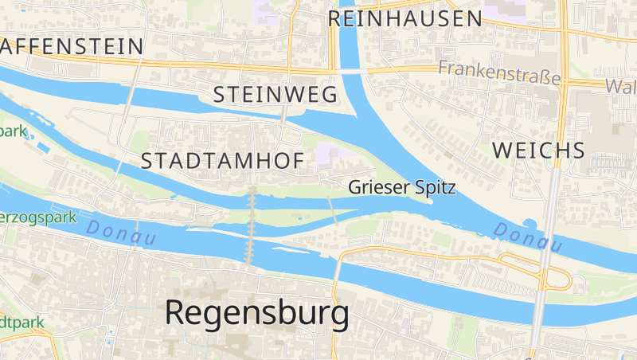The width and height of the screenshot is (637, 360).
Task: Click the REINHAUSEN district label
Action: tap(405, 18)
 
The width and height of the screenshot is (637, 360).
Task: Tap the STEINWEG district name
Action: tap(276, 95)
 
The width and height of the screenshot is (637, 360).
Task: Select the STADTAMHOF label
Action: tap(222, 160)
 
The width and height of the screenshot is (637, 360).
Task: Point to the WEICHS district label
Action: tap(539, 150)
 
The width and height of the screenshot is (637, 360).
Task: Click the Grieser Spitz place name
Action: tap(402, 188)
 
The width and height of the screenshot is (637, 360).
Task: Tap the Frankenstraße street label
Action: tap(499, 70)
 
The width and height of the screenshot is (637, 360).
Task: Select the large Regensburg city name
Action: tap(256, 313)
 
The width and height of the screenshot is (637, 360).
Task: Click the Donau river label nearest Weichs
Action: tap(527, 237)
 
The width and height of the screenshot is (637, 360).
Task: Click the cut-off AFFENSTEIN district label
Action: tap(72, 46)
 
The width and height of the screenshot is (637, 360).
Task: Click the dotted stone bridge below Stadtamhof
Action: tap(252, 227)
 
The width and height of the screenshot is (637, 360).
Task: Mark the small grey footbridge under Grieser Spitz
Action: tap(332, 209)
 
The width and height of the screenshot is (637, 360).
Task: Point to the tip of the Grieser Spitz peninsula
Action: tap(431, 202)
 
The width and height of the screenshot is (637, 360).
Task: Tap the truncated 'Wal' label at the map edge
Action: tap(620, 86)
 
